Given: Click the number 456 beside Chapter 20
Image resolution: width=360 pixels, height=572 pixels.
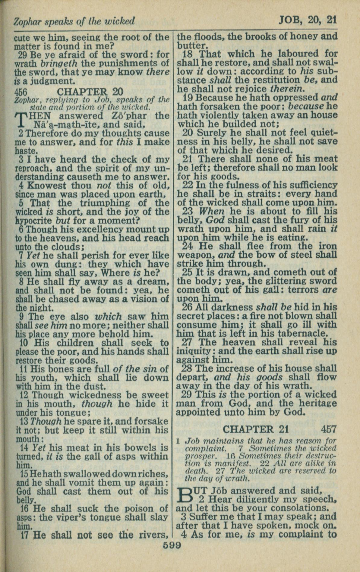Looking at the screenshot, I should tap(23, 92).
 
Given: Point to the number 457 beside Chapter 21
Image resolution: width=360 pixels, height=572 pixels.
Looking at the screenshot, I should tap(328, 429).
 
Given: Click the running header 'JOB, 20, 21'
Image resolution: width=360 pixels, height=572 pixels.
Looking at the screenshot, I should tap(307, 20).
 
